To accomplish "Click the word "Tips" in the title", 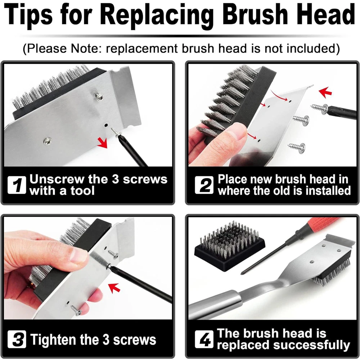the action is pyautogui.click(x=28, y=15).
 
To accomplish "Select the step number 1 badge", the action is pyautogui.click(x=17, y=185).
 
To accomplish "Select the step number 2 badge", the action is pyautogui.click(x=204, y=185).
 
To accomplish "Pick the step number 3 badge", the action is pyautogui.click(x=17, y=339).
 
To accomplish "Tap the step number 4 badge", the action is pyautogui.click(x=204, y=339).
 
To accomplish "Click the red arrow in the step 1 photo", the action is pyautogui.click(x=102, y=142).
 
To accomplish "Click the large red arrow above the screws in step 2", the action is pyautogui.click(x=325, y=92).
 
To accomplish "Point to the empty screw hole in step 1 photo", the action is pyautogui.click(x=106, y=125).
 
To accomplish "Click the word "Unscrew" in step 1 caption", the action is pyautogui.click(x=57, y=179).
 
